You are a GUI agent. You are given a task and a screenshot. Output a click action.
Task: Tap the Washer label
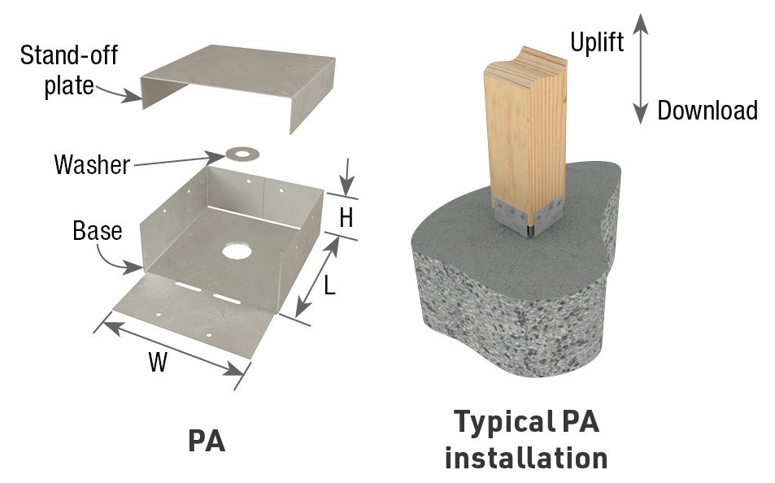(x=92, y=165)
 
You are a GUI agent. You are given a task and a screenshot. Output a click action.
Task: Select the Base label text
(x=97, y=231)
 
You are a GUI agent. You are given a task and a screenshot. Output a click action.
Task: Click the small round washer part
(x=240, y=153)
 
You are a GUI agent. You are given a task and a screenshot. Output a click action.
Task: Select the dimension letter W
(x=157, y=363)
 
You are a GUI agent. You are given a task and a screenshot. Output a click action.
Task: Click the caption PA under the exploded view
(x=206, y=440)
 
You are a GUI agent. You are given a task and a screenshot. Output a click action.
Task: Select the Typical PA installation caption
(x=525, y=440)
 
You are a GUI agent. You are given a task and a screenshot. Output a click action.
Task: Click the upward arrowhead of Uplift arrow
(x=641, y=24)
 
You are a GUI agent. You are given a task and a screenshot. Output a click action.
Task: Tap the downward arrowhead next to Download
(x=641, y=114)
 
